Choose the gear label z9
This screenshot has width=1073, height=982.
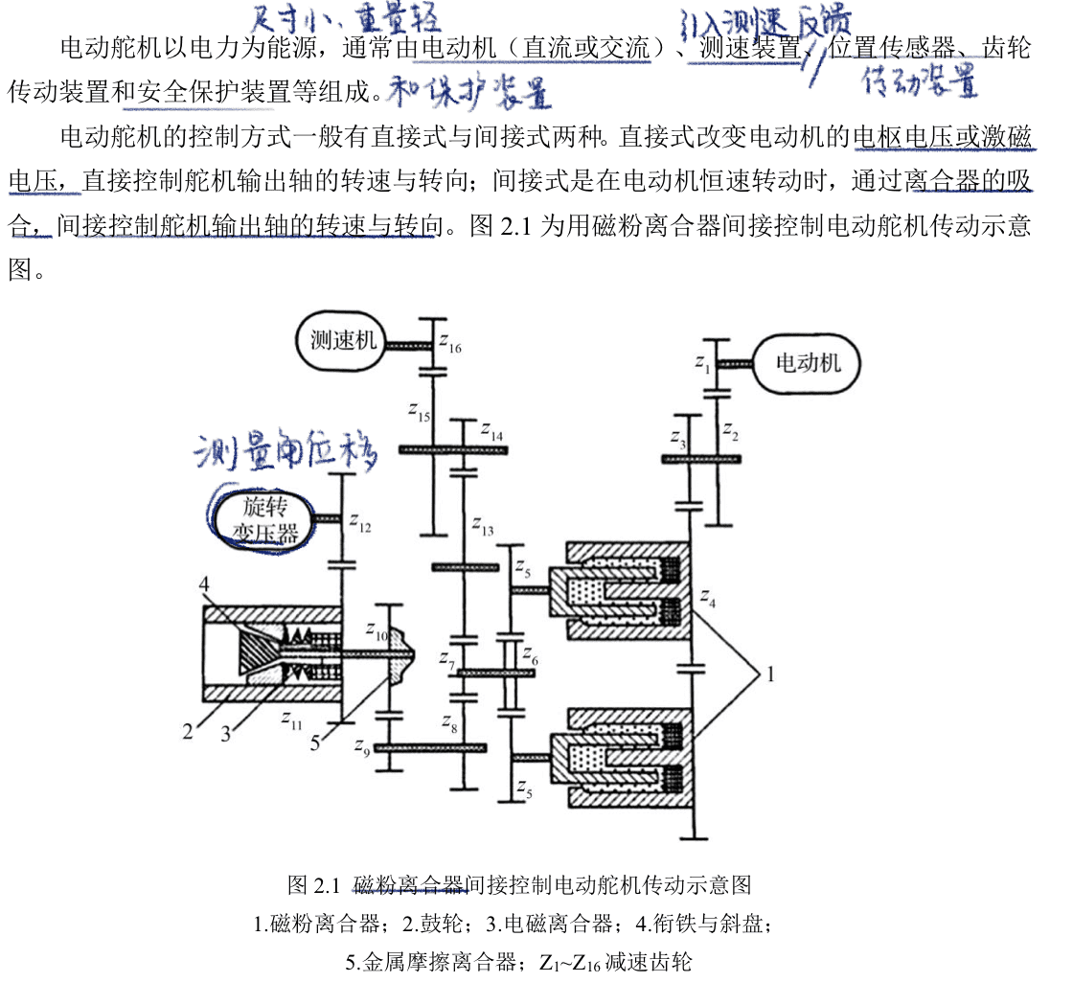360,750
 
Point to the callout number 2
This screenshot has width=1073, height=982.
188,733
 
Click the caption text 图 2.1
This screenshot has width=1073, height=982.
314,882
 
